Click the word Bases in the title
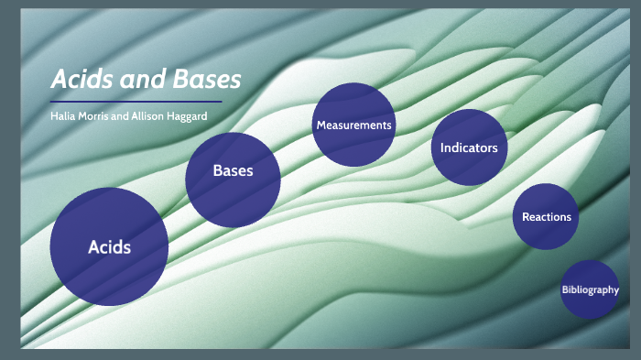click(206, 80)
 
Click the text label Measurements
click(353, 125)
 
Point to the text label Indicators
click(469, 147)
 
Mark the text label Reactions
click(547, 217)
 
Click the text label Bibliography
click(590, 290)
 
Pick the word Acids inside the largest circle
click(109, 247)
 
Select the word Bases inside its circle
click(233, 171)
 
